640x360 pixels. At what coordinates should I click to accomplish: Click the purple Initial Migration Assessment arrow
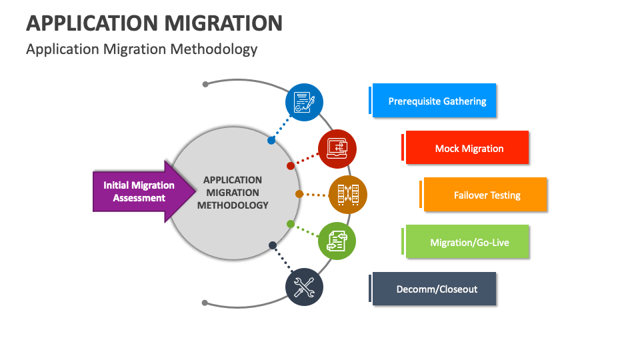coord(137,191)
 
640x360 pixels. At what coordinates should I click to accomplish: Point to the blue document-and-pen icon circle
coord(304,102)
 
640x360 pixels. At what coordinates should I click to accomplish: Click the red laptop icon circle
coord(337,148)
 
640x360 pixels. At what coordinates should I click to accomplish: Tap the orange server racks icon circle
coord(347,195)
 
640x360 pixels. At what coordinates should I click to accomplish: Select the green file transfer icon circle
coord(337,241)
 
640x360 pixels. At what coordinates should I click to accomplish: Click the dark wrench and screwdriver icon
coord(304,287)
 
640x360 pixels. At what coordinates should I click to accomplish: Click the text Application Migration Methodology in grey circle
coord(233,192)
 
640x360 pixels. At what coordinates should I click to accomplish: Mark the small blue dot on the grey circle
coord(271,141)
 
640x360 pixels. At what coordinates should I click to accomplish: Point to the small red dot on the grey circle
coord(290,165)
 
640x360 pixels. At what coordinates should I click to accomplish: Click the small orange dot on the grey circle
coord(299,194)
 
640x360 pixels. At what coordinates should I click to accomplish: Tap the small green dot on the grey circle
coord(290,223)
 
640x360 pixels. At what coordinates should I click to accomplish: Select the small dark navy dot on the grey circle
coord(272,245)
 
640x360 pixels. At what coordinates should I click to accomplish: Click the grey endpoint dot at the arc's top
coord(205,84)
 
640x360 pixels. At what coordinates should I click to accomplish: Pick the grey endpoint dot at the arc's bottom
coord(205,303)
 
